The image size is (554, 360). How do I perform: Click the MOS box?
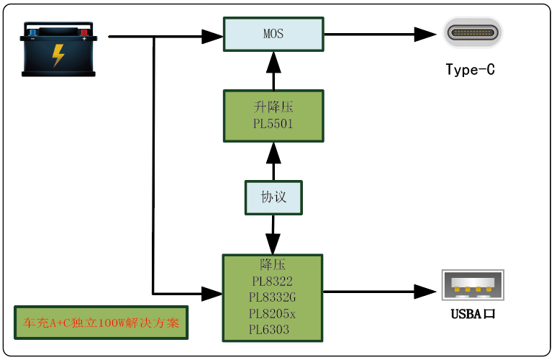click(x=273, y=34)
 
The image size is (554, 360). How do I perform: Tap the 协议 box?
click(x=273, y=197)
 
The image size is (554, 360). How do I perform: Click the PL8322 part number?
click(x=273, y=281)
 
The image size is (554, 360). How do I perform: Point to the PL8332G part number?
click(x=273, y=297)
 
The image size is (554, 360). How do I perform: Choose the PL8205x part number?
click(x=273, y=314)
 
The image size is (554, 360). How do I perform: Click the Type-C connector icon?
click(x=473, y=33)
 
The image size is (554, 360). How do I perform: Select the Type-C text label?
click(x=471, y=70)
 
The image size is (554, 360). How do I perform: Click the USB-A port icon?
click(x=473, y=285)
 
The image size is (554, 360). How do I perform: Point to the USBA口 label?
click(x=473, y=314)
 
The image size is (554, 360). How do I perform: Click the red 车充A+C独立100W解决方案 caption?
click(x=101, y=323)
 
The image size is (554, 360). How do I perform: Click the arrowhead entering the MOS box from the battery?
click(x=212, y=35)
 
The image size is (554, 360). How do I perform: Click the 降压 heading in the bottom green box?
click(x=273, y=264)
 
